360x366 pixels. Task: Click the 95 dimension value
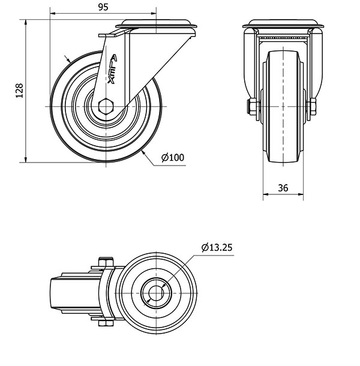click(x=103, y=7)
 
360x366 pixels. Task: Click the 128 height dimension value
click(x=19, y=91)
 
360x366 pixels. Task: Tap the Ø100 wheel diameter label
click(x=173, y=158)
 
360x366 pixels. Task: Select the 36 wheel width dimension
click(x=283, y=188)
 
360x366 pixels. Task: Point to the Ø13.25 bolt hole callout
click(x=217, y=247)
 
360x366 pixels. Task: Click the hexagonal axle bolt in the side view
click(x=106, y=106)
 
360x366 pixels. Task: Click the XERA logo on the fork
click(x=113, y=69)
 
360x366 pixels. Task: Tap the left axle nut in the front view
click(x=252, y=106)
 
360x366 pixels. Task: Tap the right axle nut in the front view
click(x=313, y=106)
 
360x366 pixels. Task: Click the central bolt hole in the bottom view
click(x=156, y=293)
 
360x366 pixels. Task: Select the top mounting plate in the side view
click(x=156, y=24)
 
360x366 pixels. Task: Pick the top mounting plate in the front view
click(x=283, y=24)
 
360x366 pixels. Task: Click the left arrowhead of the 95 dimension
click(x=53, y=13)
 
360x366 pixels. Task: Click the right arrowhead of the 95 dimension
click(x=154, y=13)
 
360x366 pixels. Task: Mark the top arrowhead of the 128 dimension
click(x=26, y=22)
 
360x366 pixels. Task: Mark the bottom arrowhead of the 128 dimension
click(x=26, y=160)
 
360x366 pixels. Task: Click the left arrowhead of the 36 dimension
click(x=266, y=194)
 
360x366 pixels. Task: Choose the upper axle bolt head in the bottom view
click(x=106, y=262)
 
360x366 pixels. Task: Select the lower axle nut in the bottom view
click(x=106, y=323)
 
